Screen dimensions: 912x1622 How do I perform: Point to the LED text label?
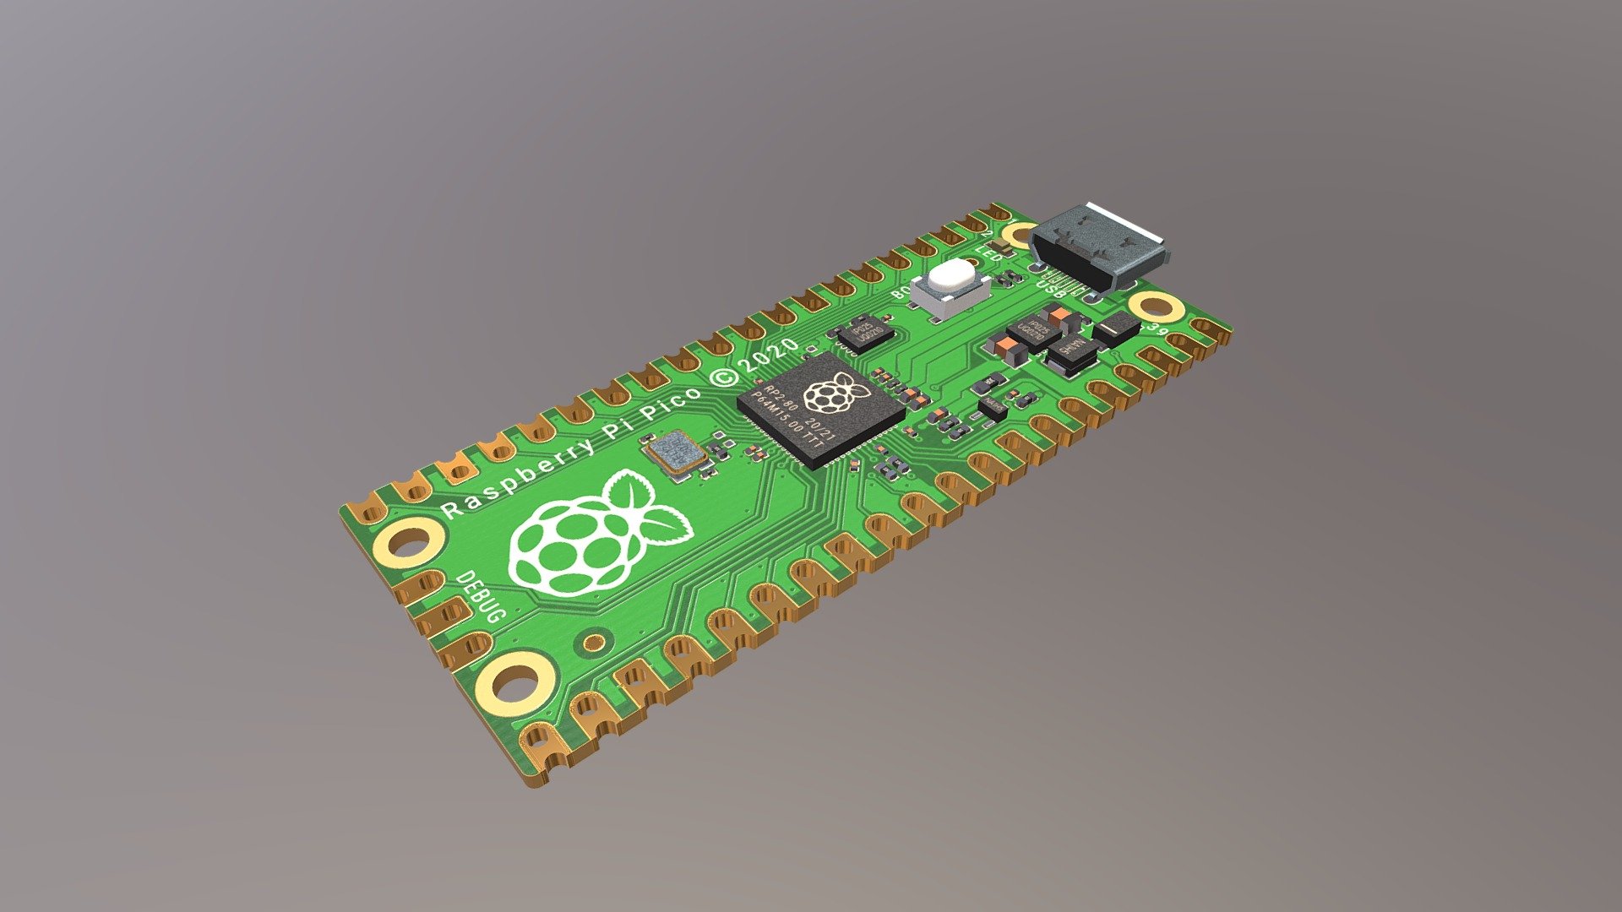point(989,252)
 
